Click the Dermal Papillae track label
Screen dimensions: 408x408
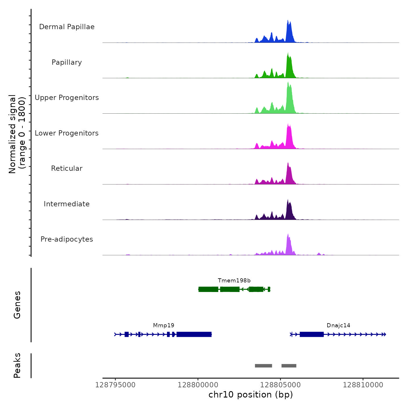tap(67, 27)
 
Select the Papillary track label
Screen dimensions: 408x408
tap(67, 62)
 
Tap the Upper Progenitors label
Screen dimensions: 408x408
tap(67, 98)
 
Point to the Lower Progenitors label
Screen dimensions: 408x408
tap(67, 133)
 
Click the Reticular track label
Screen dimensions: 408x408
tap(67, 168)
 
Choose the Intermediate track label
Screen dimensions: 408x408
tap(67, 204)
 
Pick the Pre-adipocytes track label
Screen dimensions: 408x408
tap(67, 239)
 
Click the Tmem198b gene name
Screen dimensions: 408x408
tap(234, 281)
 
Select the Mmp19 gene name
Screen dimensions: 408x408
tap(163, 326)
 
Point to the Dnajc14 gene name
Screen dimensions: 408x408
tap(338, 326)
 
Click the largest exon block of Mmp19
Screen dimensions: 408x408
tap(194, 334)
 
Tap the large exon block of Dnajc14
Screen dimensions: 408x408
tap(312, 334)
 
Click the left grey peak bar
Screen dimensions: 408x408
tap(263, 366)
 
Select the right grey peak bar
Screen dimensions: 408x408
tap(289, 366)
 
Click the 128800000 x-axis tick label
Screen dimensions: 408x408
tap(198, 385)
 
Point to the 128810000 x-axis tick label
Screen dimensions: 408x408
tap(363, 385)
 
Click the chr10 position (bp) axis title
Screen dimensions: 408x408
tap(251, 395)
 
